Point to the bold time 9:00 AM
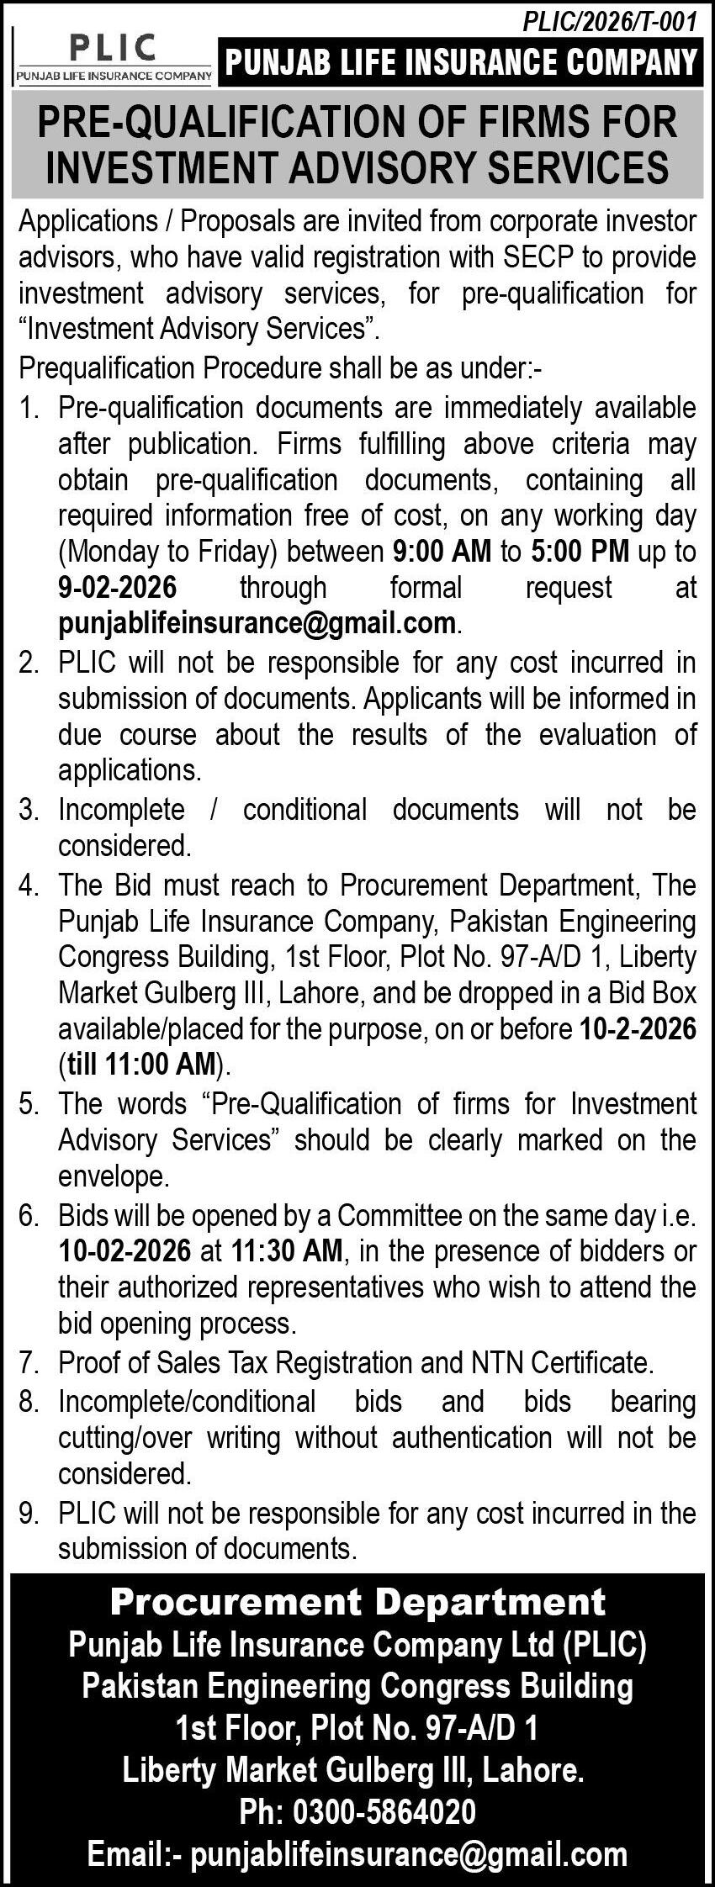pyautogui.click(x=442, y=552)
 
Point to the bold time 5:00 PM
pyautogui.click(x=580, y=552)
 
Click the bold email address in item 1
pyautogui.click(x=257, y=623)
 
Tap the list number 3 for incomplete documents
pyautogui.click(x=30, y=810)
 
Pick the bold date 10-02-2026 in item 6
pyautogui.click(x=124, y=1251)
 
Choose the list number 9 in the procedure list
pyautogui.click(x=30, y=1514)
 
